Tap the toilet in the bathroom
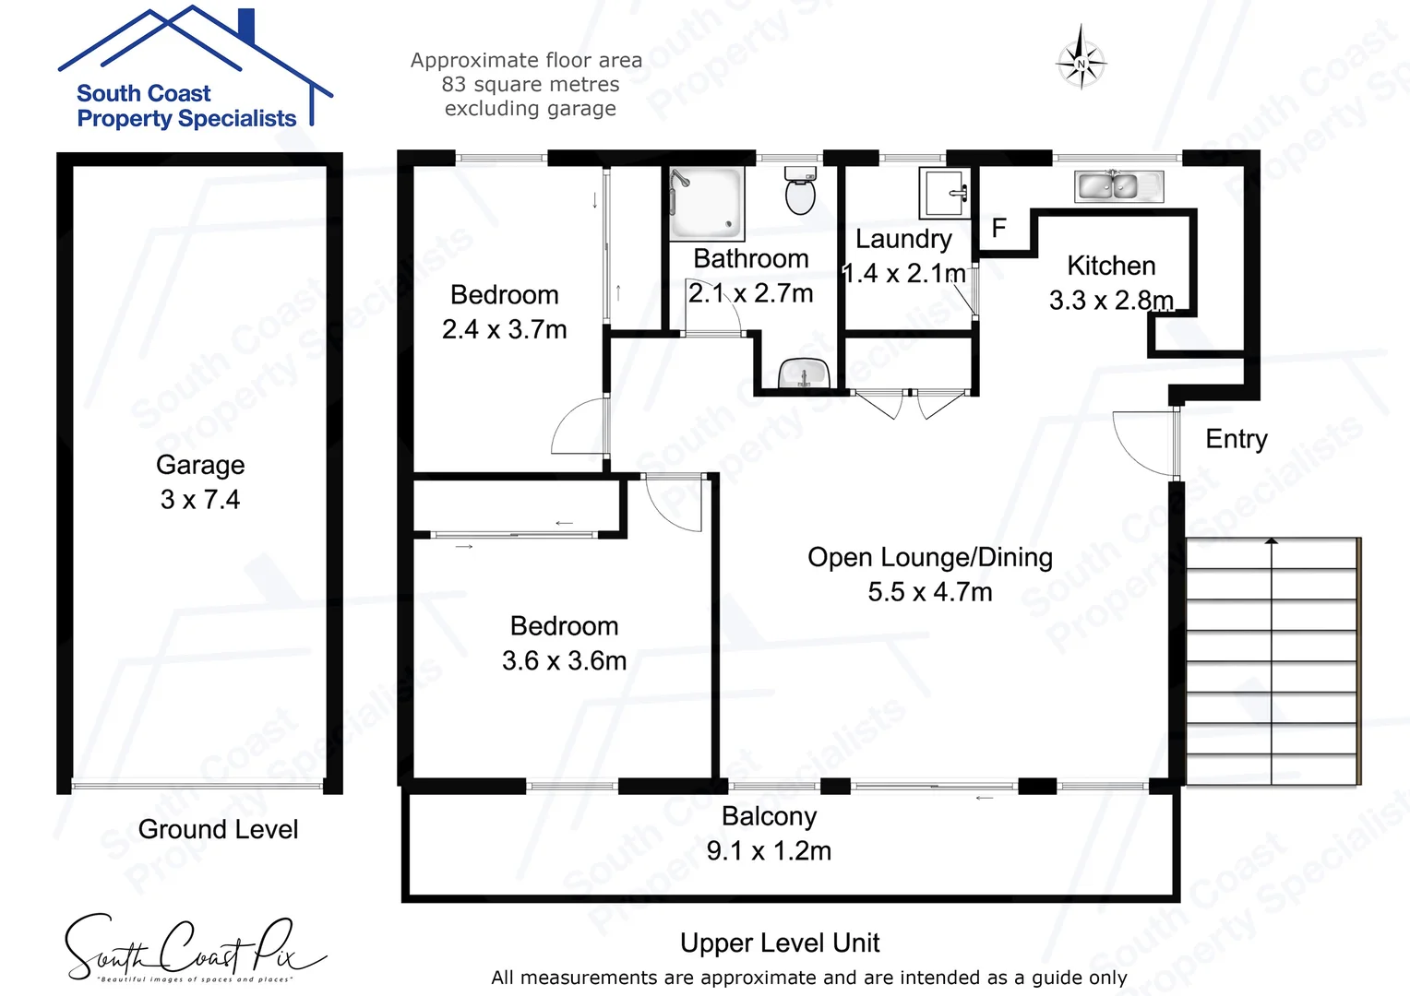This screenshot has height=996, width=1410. tap(799, 190)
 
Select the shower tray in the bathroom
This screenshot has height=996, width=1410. tap(706, 203)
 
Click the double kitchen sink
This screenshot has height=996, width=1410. tap(1118, 186)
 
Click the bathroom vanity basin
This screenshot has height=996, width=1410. tap(805, 374)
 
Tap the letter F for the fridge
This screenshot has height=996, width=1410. tap(998, 228)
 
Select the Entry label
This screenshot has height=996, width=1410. tap(1236, 439)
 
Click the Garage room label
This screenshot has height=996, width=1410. tap(200, 465)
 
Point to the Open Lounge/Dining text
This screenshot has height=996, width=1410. tap(929, 557)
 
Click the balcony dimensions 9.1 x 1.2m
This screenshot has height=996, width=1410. tap(769, 851)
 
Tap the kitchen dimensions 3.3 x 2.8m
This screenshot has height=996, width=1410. tap(1111, 301)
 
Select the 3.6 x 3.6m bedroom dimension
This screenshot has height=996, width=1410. tap(564, 661)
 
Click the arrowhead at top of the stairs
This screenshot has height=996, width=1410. tap(1272, 542)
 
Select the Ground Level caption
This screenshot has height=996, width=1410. tap(218, 830)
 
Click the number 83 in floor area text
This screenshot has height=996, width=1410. tap(453, 85)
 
